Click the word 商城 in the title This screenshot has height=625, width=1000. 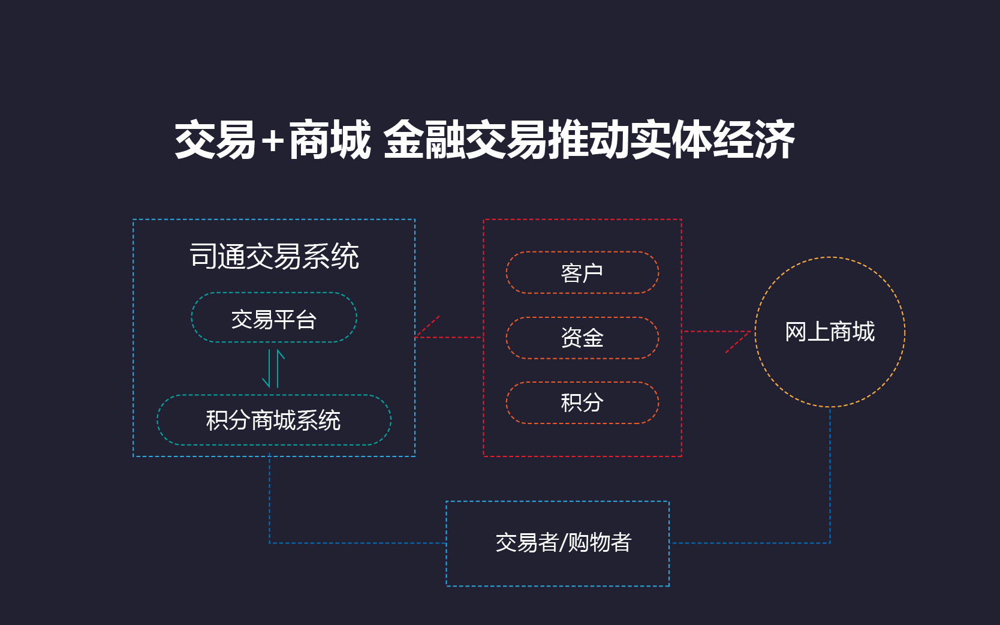[x=330, y=140]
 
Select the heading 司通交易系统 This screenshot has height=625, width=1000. [x=274, y=256]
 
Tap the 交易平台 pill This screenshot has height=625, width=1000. [x=274, y=318]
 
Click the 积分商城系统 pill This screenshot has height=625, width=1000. [x=273, y=420]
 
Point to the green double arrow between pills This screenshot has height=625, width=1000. [x=273, y=368]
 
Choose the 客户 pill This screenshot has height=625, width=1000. [x=582, y=273]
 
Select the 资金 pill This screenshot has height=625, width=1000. [x=582, y=338]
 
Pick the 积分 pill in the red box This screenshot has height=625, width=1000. [x=582, y=402]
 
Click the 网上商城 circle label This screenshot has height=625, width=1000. [x=830, y=332]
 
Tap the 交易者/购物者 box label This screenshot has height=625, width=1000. [x=563, y=543]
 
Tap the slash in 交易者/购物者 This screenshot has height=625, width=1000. [x=563, y=543]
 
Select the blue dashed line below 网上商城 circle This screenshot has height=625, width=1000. [x=830, y=474]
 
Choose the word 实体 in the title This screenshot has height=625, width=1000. [x=671, y=140]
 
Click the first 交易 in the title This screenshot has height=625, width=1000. [x=216, y=140]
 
